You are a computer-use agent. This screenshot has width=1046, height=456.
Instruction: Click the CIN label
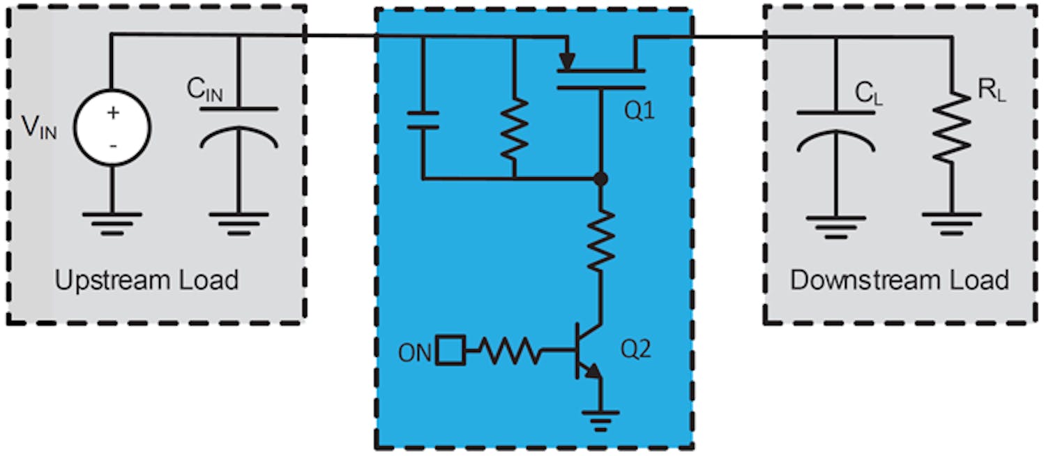[x=204, y=90]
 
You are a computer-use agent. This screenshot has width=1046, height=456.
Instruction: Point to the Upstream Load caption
[x=146, y=280]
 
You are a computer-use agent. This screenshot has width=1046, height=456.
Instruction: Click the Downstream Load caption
[x=899, y=280]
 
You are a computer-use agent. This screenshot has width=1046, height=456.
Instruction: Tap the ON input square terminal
[x=450, y=351]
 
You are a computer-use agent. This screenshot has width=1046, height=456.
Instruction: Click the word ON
[x=415, y=352]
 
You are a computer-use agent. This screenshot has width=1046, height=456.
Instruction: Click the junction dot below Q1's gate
[x=600, y=179]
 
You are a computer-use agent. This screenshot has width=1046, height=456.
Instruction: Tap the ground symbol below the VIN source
[x=112, y=222]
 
